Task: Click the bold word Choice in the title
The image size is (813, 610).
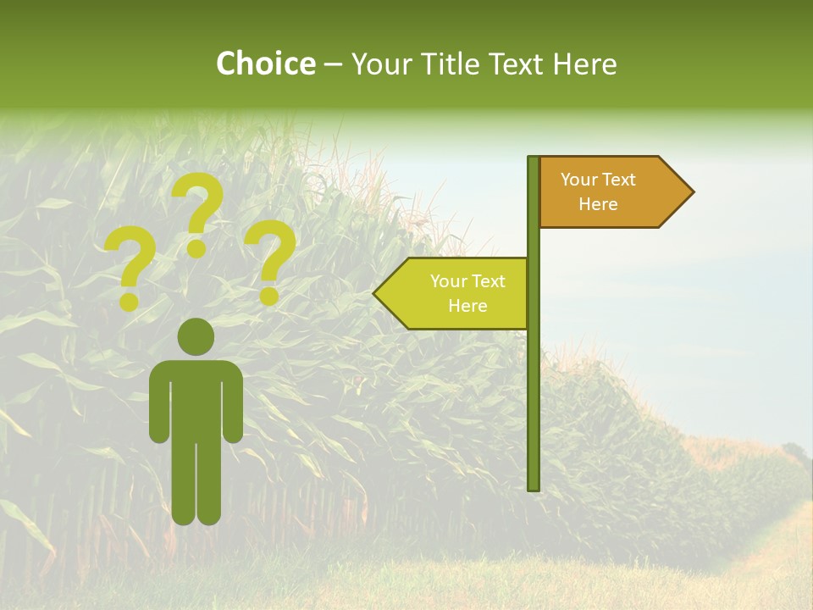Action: [x=265, y=64]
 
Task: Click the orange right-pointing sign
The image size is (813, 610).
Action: [x=610, y=191]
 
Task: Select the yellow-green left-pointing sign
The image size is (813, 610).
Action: [x=457, y=293]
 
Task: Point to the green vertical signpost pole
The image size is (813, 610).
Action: [x=534, y=381]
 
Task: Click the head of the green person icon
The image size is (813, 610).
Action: [x=196, y=336]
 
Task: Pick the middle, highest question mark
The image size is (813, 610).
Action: [x=198, y=212]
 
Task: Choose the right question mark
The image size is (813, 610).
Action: [x=270, y=261]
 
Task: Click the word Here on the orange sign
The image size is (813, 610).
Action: [x=598, y=204]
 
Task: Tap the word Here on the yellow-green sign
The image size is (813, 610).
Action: [x=467, y=306]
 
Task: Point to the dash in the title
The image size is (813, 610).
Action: [x=333, y=65]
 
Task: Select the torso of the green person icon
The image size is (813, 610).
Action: [x=196, y=398]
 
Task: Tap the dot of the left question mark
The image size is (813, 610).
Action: [x=130, y=301]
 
